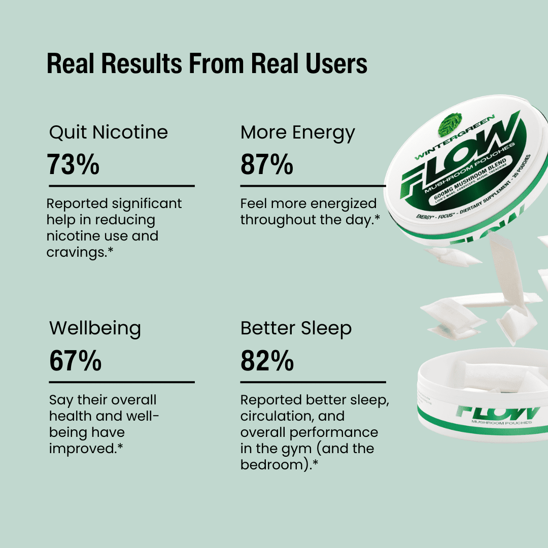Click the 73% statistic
click(73, 164)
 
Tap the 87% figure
click(266, 164)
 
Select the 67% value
click(75, 360)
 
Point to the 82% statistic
click(267, 360)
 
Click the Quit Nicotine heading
click(109, 132)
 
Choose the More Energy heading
click(298, 132)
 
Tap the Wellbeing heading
click(95, 328)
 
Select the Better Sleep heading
click(296, 328)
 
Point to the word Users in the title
click(337, 64)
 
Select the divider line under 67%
click(122, 382)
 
